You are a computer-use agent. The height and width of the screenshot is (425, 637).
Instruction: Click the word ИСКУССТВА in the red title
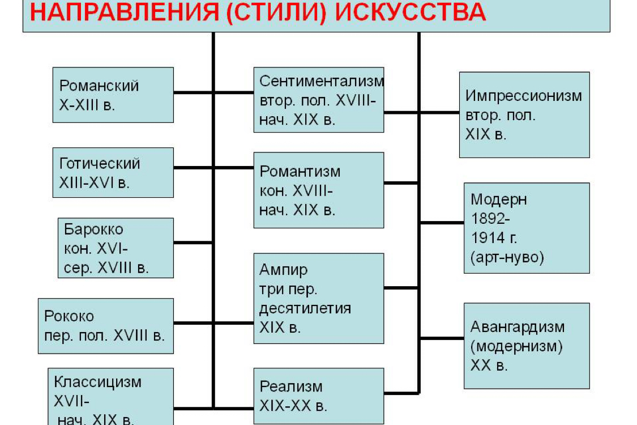point(411,12)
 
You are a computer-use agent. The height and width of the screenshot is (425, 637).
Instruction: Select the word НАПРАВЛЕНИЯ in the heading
point(125,12)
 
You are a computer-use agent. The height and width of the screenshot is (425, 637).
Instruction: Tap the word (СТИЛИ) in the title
point(277,12)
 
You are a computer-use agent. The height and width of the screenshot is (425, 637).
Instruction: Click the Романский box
point(113,95)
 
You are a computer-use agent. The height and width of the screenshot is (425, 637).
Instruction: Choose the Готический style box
point(113,172)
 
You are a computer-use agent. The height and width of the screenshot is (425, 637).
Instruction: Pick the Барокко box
point(116,248)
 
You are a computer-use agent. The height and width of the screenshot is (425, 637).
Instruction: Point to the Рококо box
point(106,326)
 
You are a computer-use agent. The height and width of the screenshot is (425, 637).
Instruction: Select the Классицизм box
point(110,397)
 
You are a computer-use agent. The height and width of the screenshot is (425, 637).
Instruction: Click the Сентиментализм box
point(319,100)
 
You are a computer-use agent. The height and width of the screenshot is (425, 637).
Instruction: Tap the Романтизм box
point(319,190)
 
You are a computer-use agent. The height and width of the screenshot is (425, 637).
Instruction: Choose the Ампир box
point(319,299)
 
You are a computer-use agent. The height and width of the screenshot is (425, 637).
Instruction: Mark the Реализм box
point(319,396)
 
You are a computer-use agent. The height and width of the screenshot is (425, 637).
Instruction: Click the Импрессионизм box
point(524,114)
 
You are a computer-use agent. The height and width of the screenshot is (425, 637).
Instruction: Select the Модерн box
point(527,228)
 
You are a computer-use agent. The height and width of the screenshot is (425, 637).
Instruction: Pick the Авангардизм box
point(527,346)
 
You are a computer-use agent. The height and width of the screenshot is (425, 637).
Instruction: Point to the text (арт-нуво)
point(507,257)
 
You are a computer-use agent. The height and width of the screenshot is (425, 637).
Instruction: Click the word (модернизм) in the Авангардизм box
point(516,346)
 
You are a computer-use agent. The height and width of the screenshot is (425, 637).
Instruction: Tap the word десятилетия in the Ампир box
point(305,309)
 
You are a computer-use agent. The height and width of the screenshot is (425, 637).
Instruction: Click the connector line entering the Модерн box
point(442,223)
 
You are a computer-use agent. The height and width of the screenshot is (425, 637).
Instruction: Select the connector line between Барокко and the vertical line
point(194,243)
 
